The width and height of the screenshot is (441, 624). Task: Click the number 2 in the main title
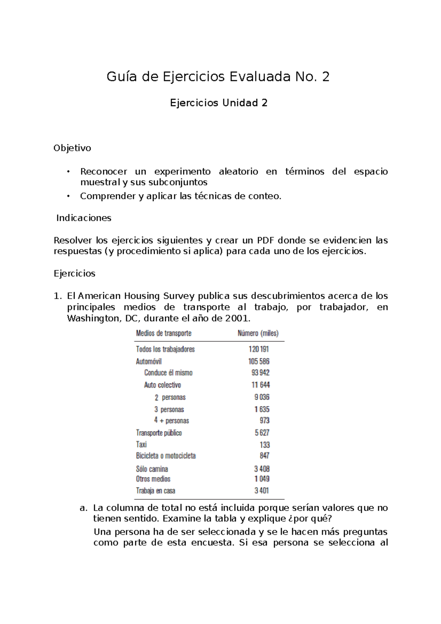(x=325, y=77)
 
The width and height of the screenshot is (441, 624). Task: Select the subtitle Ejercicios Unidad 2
(x=219, y=103)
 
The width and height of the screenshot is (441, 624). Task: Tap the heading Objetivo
(x=72, y=148)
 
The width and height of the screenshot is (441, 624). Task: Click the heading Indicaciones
(x=83, y=218)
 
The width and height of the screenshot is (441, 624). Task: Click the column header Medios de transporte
(x=164, y=333)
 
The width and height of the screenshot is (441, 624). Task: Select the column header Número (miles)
(x=258, y=333)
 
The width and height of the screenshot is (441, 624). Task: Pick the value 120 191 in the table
(x=259, y=349)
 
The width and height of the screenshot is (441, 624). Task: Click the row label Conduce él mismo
(x=168, y=373)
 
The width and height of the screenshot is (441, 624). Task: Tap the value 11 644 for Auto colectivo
(x=261, y=385)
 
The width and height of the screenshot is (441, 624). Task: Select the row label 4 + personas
(x=172, y=420)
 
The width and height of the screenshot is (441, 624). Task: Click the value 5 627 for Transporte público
(x=262, y=433)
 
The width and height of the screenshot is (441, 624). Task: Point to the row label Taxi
(x=141, y=444)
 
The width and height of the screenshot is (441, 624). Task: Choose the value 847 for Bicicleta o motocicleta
(x=264, y=456)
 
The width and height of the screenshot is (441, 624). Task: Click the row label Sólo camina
(x=152, y=469)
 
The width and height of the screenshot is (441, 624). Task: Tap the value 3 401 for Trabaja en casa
(x=262, y=491)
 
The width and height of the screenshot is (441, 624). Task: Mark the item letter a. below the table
(x=83, y=508)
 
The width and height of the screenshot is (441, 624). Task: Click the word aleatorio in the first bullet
(x=238, y=172)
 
